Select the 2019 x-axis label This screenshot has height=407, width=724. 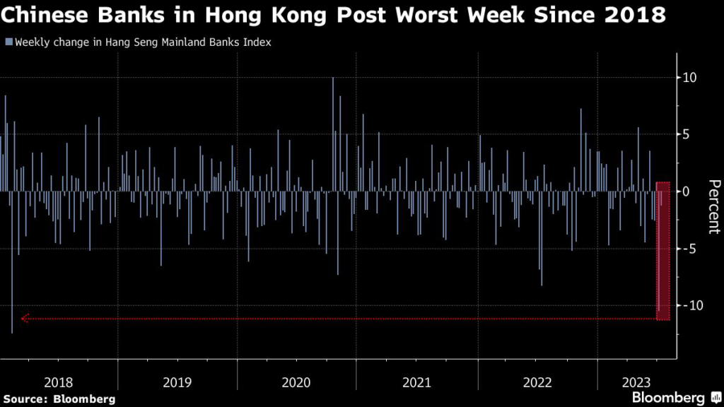[x=177, y=382]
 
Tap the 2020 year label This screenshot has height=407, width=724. [x=296, y=382]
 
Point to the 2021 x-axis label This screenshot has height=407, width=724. [x=417, y=382]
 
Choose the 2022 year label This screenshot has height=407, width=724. [x=537, y=382]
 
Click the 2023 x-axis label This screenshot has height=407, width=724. [x=633, y=382]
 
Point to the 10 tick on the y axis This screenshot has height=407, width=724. [x=690, y=77]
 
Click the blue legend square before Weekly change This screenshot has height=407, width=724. [x=8, y=42]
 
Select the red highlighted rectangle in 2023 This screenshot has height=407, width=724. [x=663, y=251]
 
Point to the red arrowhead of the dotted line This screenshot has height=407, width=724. [x=25, y=318]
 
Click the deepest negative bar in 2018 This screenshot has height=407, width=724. [x=12, y=261]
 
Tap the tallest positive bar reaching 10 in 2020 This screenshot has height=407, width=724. [x=333, y=134]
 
